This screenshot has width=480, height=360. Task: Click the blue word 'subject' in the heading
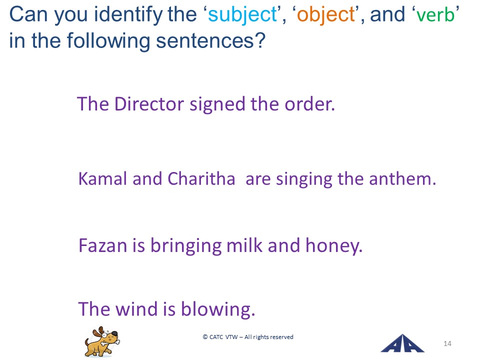click(x=242, y=15)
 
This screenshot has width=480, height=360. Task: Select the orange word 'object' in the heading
click(x=325, y=15)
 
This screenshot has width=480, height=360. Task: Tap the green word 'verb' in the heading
click(x=435, y=14)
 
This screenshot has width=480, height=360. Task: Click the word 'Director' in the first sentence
click(x=149, y=104)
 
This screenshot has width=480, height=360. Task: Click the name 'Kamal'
click(x=102, y=178)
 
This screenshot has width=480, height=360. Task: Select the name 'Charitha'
click(x=201, y=178)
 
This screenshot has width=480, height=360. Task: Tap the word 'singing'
click(x=304, y=179)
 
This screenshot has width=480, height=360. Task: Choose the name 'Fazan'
click(x=102, y=245)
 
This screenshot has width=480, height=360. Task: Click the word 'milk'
click(x=244, y=245)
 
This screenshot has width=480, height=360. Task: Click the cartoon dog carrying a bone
click(x=102, y=341)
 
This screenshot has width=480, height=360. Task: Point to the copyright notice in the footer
click(x=248, y=337)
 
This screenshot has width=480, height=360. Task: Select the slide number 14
click(x=447, y=343)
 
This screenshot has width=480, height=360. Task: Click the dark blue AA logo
click(x=402, y=343)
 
